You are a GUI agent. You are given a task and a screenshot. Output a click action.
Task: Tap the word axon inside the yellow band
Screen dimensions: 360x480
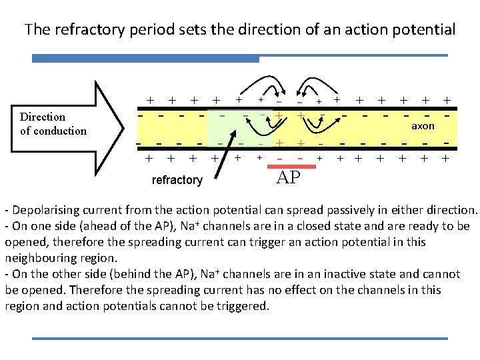(x=423, y=126)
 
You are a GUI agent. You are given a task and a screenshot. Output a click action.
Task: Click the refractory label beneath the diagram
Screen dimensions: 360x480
(x=177, y=180)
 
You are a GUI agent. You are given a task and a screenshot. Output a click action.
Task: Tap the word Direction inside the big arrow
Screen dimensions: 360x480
(x=43, y=117)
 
